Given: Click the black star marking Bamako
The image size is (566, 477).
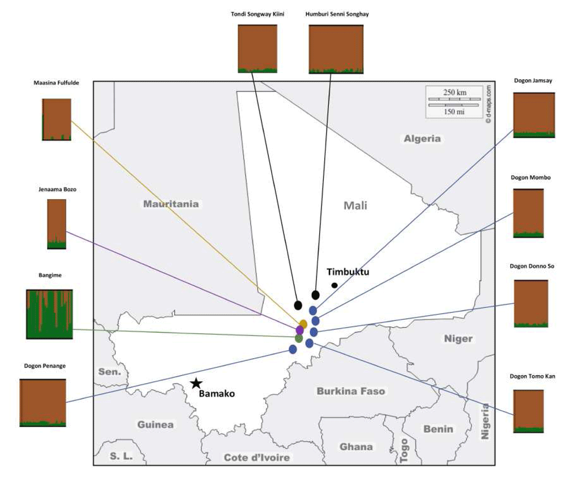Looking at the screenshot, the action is (x=196, y=383).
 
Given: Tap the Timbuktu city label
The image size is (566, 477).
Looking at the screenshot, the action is (x=348, y=272).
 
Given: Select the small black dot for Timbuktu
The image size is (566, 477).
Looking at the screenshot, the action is (x=335, y=285).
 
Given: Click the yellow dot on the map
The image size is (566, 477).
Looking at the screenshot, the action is (x=303, y=324).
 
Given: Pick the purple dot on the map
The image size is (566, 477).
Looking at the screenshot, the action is (x=299, y=330).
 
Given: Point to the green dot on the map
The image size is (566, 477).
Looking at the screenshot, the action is (x=298, y=338).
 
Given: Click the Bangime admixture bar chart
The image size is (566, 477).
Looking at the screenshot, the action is (x=49, y=314).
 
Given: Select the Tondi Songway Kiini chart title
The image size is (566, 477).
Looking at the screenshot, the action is (x=258, y=14).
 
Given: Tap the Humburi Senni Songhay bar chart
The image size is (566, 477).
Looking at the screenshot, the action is (x=336, y=49).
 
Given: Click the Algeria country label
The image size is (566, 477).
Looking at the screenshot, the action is (x=422, y=139).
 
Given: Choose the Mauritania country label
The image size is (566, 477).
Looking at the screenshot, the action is (x=171, y=204).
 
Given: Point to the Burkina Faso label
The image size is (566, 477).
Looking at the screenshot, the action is (x=351, y=391).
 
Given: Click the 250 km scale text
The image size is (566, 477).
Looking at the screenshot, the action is (x=455, y=92).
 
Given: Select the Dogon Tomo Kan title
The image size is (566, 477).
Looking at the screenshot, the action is (x=533, y=376).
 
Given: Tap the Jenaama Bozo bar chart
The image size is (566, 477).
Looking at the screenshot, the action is (x=57, y=224).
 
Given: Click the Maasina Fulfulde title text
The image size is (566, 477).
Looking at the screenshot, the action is (x=56, y=83).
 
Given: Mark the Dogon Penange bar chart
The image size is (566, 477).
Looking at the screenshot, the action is (x=43, y=403).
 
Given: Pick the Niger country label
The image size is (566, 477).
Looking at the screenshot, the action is (x=458, y=338).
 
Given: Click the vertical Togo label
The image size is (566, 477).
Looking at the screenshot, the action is (x=404, y=450).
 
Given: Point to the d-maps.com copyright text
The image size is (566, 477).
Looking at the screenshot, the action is (x=488, y=105).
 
